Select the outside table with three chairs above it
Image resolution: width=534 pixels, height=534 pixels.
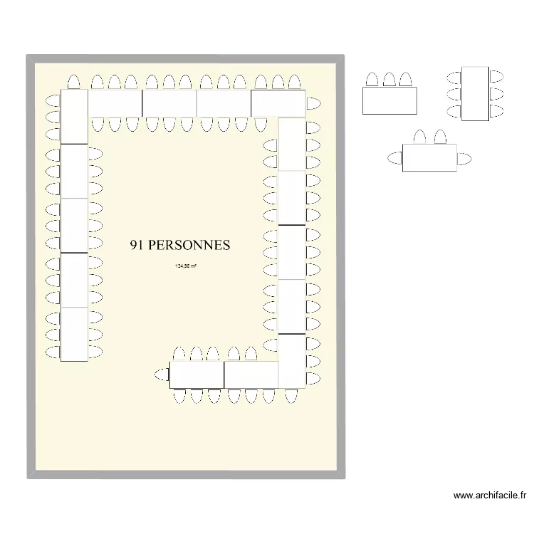click(x=389, y=100)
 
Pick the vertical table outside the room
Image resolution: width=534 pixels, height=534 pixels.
click(x=475, y=93)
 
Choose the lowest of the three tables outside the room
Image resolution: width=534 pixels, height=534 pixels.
click(x=429, y=157)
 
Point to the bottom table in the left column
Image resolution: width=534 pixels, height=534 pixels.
click(x=74, y=335)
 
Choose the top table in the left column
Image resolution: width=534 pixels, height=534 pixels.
click(x=74, y=116)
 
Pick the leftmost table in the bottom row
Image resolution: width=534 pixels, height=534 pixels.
click(x=197, y=375)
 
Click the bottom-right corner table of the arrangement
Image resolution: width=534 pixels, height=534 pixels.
click(x=291, y=361)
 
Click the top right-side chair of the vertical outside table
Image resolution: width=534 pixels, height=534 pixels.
click(x=496, y=75)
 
